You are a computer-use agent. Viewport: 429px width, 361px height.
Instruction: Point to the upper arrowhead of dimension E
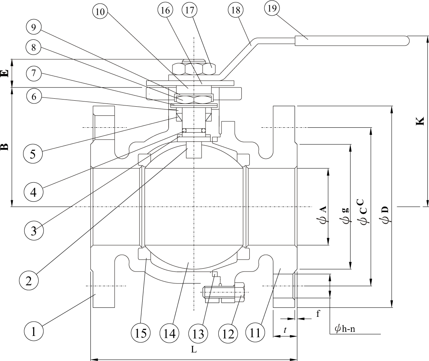tap(12, 60)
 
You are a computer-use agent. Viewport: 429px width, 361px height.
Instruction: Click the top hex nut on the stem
tap(193, 69)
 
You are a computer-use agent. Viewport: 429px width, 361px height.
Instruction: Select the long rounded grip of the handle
tap(352, 41)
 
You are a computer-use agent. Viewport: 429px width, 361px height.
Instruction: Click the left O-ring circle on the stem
tap(184, 131)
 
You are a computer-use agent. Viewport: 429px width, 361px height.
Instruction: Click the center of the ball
tap(194, 207)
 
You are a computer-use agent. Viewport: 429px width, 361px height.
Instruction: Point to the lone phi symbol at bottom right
tap(338, 329)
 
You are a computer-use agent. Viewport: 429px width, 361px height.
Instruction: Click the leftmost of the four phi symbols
tap(322, 221)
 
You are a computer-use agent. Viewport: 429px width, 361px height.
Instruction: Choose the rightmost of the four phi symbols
tap(385, 220)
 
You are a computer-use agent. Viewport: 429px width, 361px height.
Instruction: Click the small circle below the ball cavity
tap(220, 285)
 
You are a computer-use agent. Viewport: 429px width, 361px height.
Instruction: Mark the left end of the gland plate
tap(154, 94)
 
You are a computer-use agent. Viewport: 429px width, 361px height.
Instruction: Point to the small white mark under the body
tap(203, 285)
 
